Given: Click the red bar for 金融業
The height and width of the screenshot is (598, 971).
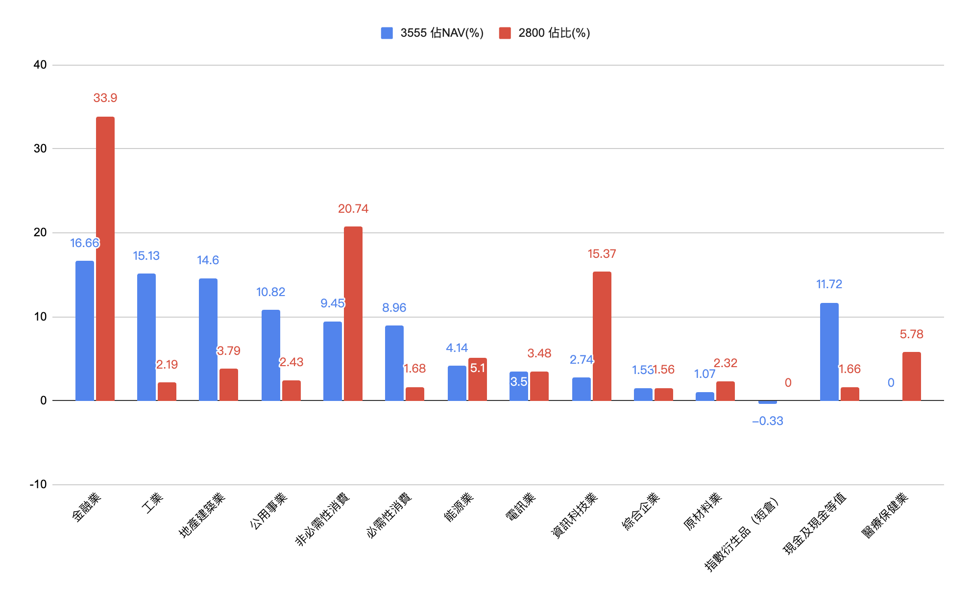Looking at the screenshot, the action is [105, 258].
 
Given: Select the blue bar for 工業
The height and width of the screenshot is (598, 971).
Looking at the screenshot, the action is [146, 337].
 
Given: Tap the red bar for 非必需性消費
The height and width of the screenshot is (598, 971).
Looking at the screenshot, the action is [353, 313].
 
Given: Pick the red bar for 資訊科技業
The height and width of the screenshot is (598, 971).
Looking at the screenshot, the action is [602, 336].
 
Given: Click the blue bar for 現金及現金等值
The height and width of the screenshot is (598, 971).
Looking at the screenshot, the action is [829, 351].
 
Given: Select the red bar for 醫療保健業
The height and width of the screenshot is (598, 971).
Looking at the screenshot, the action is [912, 376].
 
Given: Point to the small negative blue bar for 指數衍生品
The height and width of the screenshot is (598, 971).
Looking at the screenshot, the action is [768, 402].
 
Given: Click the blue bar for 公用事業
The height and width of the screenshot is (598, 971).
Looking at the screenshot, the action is [271, 355].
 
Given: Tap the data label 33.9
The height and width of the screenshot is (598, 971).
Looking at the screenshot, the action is [105, 98].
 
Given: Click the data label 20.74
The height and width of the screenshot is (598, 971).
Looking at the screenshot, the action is [353, 209].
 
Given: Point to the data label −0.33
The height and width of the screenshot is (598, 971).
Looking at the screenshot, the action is [768, 421].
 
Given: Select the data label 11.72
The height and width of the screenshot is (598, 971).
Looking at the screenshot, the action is [829, 284].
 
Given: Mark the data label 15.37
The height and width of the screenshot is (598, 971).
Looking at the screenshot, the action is [602, 254].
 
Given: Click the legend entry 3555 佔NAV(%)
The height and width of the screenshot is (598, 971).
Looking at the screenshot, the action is [433, 33].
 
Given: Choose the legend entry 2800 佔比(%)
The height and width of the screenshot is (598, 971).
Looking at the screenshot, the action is [545, 33].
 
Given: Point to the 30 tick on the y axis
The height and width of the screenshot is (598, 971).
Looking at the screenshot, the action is [40, 149].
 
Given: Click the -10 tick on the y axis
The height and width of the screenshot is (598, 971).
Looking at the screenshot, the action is [38, 484].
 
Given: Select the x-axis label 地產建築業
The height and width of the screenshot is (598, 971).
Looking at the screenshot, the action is [202, 515].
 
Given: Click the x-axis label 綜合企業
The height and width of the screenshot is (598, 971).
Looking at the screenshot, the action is [641, 511].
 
